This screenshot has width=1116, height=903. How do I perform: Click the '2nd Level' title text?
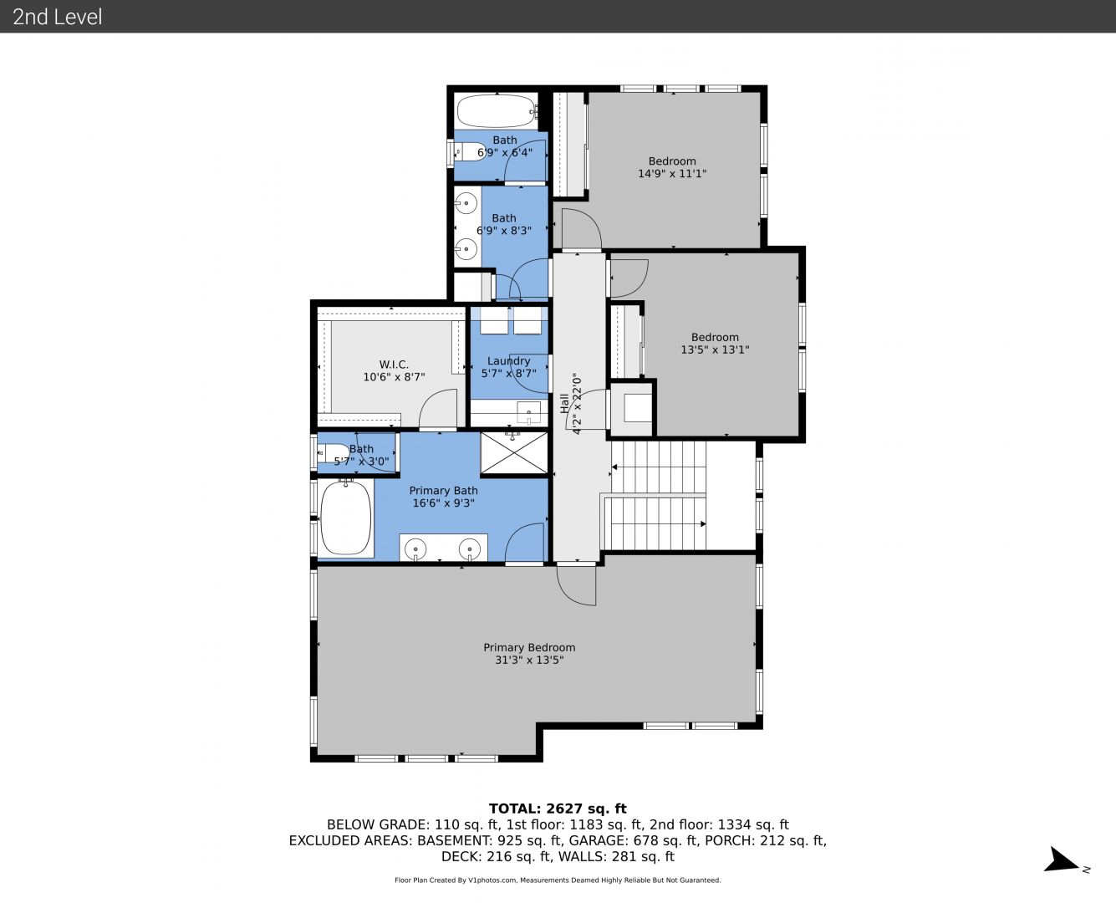click(x=57, y=17)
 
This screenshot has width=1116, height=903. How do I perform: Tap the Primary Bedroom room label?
click(x=529, y=647)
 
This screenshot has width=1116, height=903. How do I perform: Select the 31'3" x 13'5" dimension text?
click(x=529, y=660)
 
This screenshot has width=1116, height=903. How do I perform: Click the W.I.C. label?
click(x=394, y=365)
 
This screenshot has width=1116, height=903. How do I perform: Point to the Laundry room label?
click(x=508, y=361)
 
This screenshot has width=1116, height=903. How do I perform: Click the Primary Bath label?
click(x=443, y=491)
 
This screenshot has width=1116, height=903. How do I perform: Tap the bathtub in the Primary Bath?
click(x=346, y=518)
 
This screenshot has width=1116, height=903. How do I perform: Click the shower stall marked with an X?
click(x=514, y=452)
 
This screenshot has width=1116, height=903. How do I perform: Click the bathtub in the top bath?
click(x=497, y=110)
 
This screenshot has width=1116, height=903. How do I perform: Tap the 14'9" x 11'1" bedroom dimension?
click(x=672, y=173)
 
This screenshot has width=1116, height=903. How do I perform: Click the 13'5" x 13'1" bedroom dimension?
click(x=715, y=349)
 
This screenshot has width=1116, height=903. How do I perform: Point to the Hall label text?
click(x=564, y=404)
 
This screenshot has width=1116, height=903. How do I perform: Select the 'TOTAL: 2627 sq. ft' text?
click(x=558, y=809)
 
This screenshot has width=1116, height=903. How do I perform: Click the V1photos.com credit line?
click(x=558, y=880)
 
